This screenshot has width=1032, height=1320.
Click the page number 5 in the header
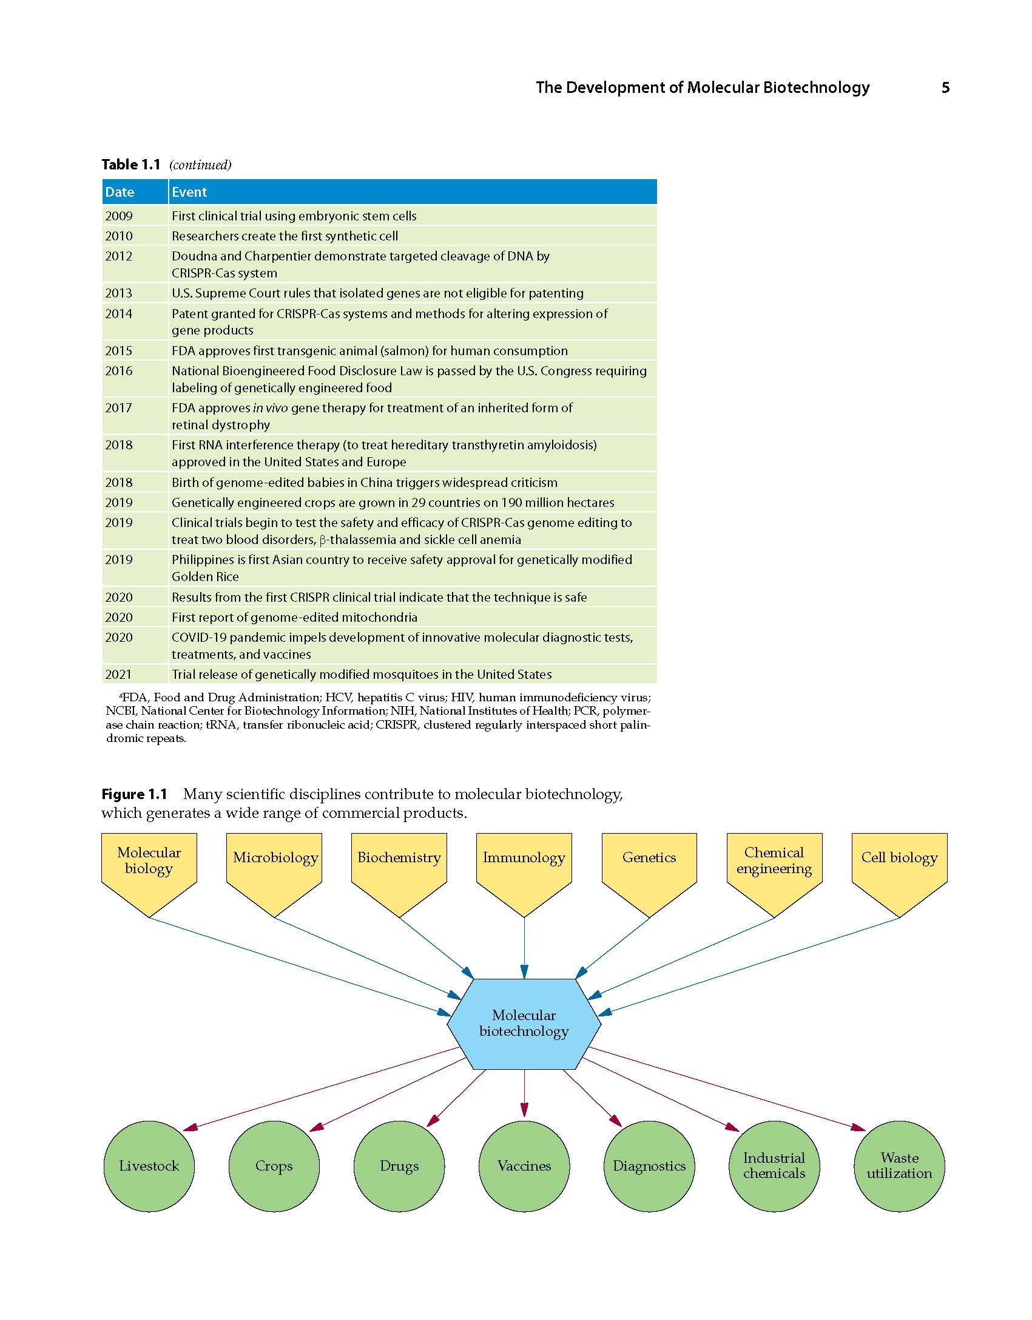(x=945, y=88)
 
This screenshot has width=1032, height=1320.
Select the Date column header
(x=135, y=192)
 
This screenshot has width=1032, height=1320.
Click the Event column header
(x=413, y=192)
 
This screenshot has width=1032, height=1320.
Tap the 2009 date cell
(x=119, y=216)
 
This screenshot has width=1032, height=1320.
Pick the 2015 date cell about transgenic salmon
(x=119, y=351)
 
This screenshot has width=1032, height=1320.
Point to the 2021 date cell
(x=118, y=675)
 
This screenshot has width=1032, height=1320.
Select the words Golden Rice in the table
(x=205, y=577)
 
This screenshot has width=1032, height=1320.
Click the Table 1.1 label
(x=131, y=165)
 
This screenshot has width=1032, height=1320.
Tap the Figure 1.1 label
(x=134, y=794)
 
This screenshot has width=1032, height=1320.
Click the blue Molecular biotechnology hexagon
(x=524, y=1024)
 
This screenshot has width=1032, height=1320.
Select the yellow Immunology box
(x=524, y=875)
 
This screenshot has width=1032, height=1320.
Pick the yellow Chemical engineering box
(x=774, y=875)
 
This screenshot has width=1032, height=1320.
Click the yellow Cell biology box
(x=899, y=875)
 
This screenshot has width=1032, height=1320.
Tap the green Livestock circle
(x=149, y=1166)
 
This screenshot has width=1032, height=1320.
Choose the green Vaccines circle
(x=524, y=1166)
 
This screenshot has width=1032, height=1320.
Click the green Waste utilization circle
(x=899, y=1166)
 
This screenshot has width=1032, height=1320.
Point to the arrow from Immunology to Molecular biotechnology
(x=524, y=948)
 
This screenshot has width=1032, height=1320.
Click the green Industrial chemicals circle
(x=774, y=1166)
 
